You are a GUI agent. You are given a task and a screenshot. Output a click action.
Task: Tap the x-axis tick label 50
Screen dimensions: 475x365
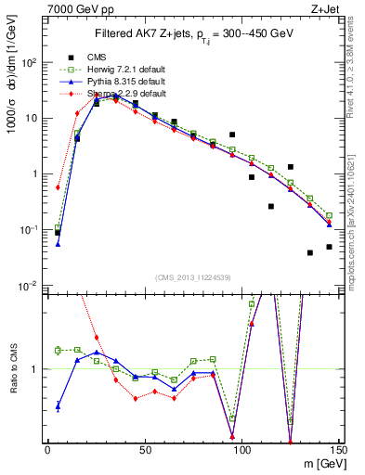pos(144,448)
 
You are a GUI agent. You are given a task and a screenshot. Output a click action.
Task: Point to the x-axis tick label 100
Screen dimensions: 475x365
pos(241,448)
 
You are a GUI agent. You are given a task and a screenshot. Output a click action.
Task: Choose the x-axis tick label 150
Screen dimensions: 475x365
pos(338,448)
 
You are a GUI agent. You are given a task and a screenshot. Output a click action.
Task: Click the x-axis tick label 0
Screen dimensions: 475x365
pos(47,448)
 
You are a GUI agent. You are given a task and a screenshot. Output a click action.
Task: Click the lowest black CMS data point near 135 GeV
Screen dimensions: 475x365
pos(310,252)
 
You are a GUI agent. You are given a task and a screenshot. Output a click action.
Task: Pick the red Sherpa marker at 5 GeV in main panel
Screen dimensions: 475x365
pos(58,187)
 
